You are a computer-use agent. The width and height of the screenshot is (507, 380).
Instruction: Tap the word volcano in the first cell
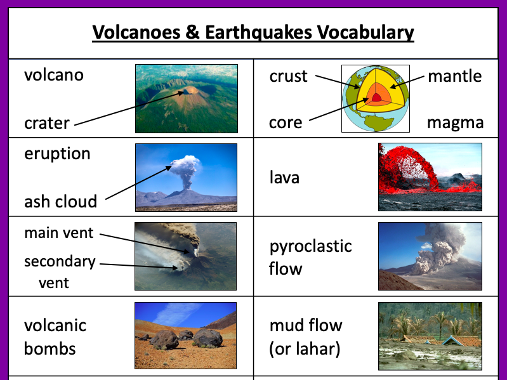click(54, 75)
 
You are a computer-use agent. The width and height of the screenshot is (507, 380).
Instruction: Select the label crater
click(47, 122)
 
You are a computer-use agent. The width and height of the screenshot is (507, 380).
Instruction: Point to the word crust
click(289, 76)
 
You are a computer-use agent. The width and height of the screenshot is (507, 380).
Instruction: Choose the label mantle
click(454, 76)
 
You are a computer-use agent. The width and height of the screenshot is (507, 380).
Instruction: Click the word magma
click(455, 122)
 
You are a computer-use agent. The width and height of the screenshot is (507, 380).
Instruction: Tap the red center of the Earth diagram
click(376, 98)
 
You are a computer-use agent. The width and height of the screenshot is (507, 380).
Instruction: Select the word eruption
click(58, 154)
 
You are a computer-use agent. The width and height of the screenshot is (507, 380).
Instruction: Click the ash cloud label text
click(61, 202)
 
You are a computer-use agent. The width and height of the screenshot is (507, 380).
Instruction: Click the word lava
click(284, 178)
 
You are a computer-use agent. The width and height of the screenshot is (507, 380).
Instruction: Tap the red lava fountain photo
click(430, 176)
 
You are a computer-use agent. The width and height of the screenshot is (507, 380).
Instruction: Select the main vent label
click(59, 233)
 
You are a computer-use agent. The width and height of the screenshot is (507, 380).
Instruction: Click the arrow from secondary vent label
click(139, 266)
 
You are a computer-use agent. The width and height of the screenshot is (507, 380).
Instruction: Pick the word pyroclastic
click(311, 246)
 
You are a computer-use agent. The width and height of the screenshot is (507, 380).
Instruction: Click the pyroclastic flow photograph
click(430, 256)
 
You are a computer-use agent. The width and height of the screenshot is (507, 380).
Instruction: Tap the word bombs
click(50, 348)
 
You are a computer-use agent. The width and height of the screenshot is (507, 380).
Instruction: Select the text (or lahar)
click(305, 348)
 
